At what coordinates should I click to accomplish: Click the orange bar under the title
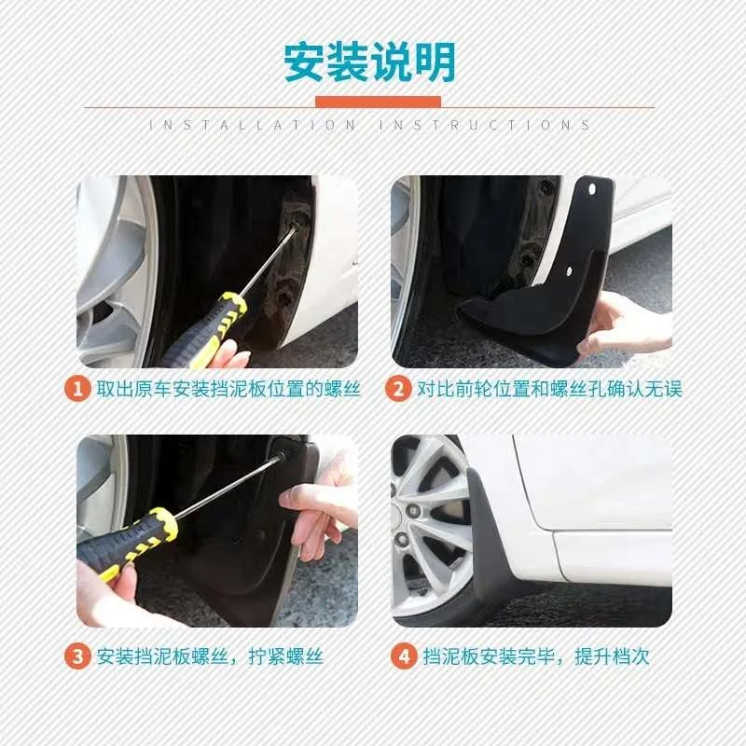tap(377, 101)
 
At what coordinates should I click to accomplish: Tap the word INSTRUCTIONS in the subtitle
tap(485, 125)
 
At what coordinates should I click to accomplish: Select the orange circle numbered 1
tap(78, 389)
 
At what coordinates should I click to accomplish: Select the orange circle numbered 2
tap(399, 389)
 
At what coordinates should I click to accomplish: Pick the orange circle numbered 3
tap(78, 656)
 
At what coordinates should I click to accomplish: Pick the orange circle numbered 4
tap(403, 656)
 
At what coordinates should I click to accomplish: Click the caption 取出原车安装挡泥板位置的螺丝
tap(228, 389)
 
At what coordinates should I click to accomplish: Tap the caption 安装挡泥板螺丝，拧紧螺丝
tap(210, 656)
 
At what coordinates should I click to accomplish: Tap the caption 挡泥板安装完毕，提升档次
tap(533, 656)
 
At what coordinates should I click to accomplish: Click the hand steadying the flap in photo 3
tap(317, 508)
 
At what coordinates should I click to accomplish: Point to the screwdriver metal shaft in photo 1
tap(270, 261)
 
